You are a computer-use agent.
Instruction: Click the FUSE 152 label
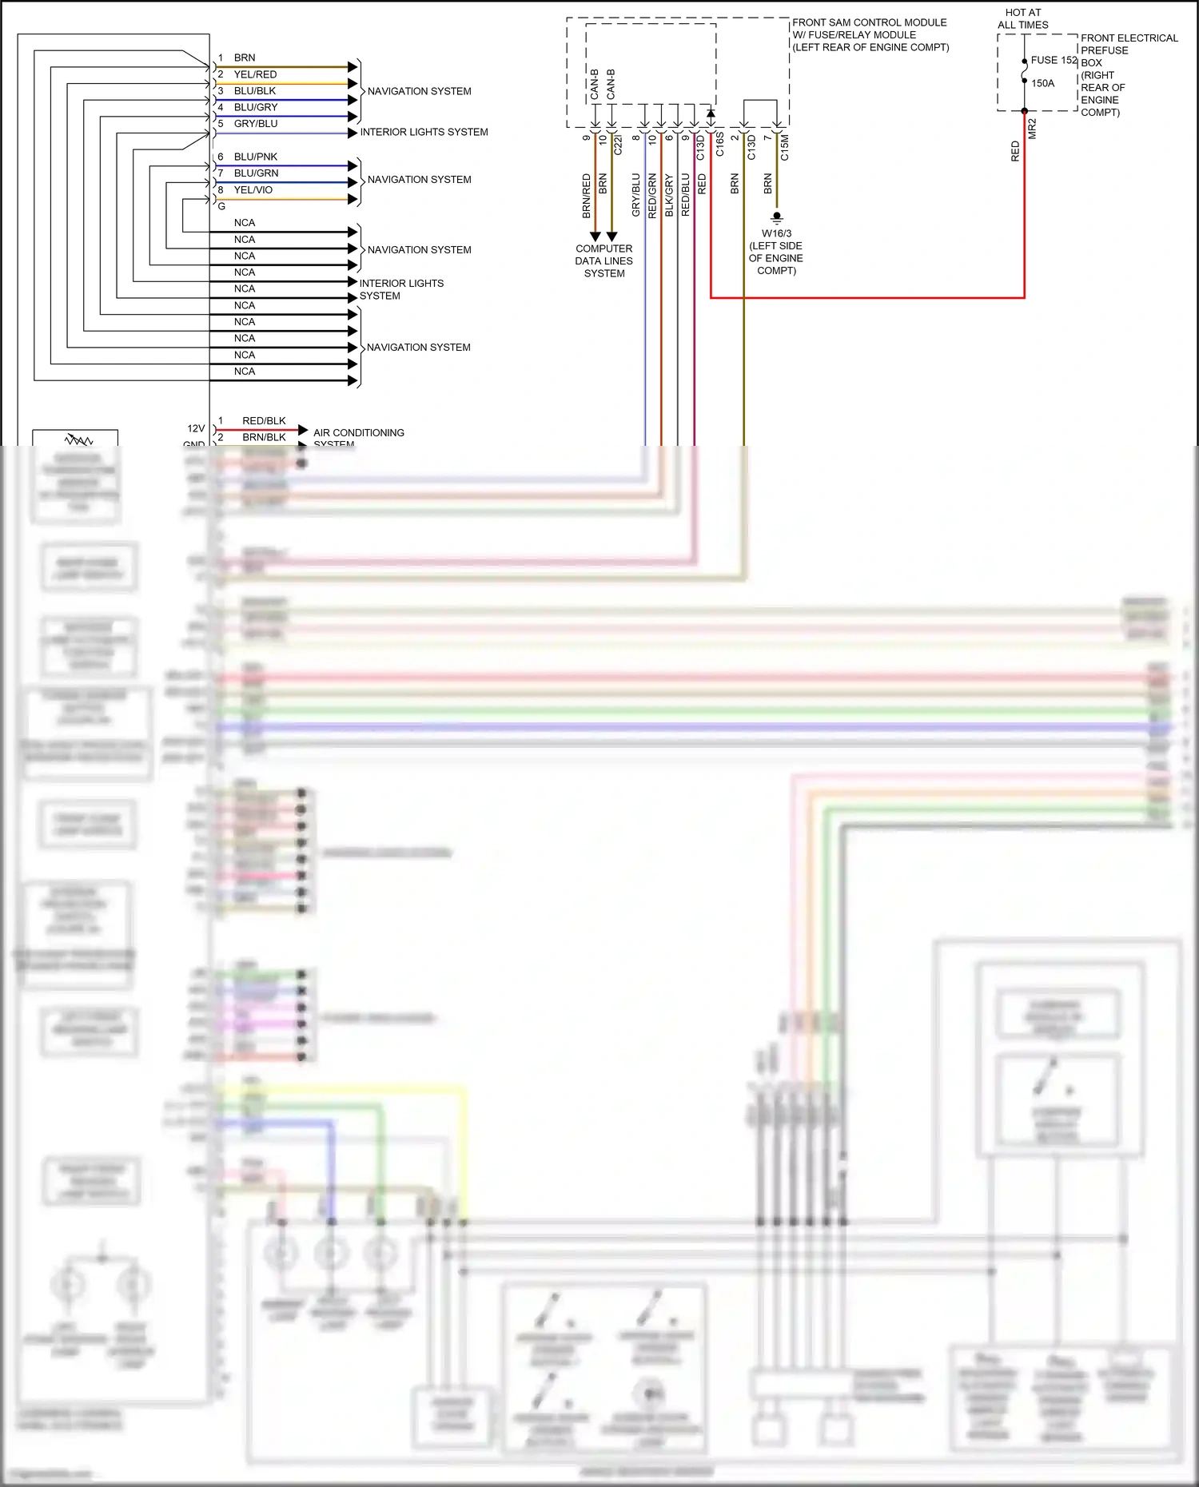click(1054, 60)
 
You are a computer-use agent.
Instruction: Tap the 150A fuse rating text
click(1042, 83)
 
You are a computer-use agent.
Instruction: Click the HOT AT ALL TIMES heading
click(1022, 18)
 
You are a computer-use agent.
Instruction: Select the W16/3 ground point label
click(776, 233)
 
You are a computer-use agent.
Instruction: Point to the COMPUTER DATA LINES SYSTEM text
click(603, 260)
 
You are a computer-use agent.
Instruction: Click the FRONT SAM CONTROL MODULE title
click(869, 22)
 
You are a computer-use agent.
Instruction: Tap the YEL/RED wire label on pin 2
click(255, 74)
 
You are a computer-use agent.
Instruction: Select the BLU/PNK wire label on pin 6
click(256, 157)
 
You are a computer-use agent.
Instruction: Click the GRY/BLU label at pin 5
click(256, 124)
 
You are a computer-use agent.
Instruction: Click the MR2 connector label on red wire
click(1032, 129)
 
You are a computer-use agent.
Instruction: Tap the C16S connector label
click(719, 145)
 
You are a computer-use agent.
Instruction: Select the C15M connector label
click(784, 147)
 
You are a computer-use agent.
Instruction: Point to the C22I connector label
click(618, 145)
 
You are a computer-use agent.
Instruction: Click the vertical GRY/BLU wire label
click(636, 195)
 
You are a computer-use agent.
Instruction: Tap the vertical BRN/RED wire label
click(586, 196)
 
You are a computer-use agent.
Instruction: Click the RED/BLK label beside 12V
click(264, 421)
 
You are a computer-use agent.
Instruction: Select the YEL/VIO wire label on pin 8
click(253, 190)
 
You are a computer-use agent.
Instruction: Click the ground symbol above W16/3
click(776, 217)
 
